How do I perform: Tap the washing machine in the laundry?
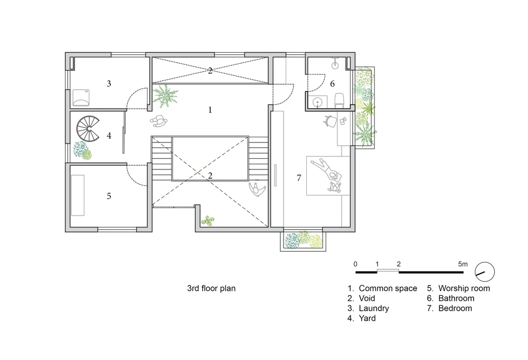pyautogui.click(x=81, y=97)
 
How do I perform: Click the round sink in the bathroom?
pyautogui.click(x=317, y=102)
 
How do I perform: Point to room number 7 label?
pyautogui.click(x=299, y=178)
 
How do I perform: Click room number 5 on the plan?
pyautogui.click(x=109, y=196)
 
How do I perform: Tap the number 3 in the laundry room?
pyautogui.click(x=109, y=83)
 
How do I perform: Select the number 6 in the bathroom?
pyautogui.click(x=332, y=84)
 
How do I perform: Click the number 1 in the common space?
pyautogui.click(x=210, y=110)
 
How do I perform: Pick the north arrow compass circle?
pyautogui.click(x=485, y=272)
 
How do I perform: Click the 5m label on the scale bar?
pyautogui.click(x=463, y=264)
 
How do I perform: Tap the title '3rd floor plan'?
pyautogui.click(x=211, y=288)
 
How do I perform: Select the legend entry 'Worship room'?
pyautogui.click(x=464, y=288)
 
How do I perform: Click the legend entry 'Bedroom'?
pyautogui.click(x=455, y=308)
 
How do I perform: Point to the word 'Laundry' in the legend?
pyautogui.click(x=374, y=308)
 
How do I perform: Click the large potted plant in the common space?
pyautogui.click(x=165, y=96)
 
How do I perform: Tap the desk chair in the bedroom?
pyautogui.click(x=330, y=121)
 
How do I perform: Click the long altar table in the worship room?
pyautogui.click(x=78, y=195)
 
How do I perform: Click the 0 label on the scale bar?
pyautogui.click(x=355, y=264)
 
